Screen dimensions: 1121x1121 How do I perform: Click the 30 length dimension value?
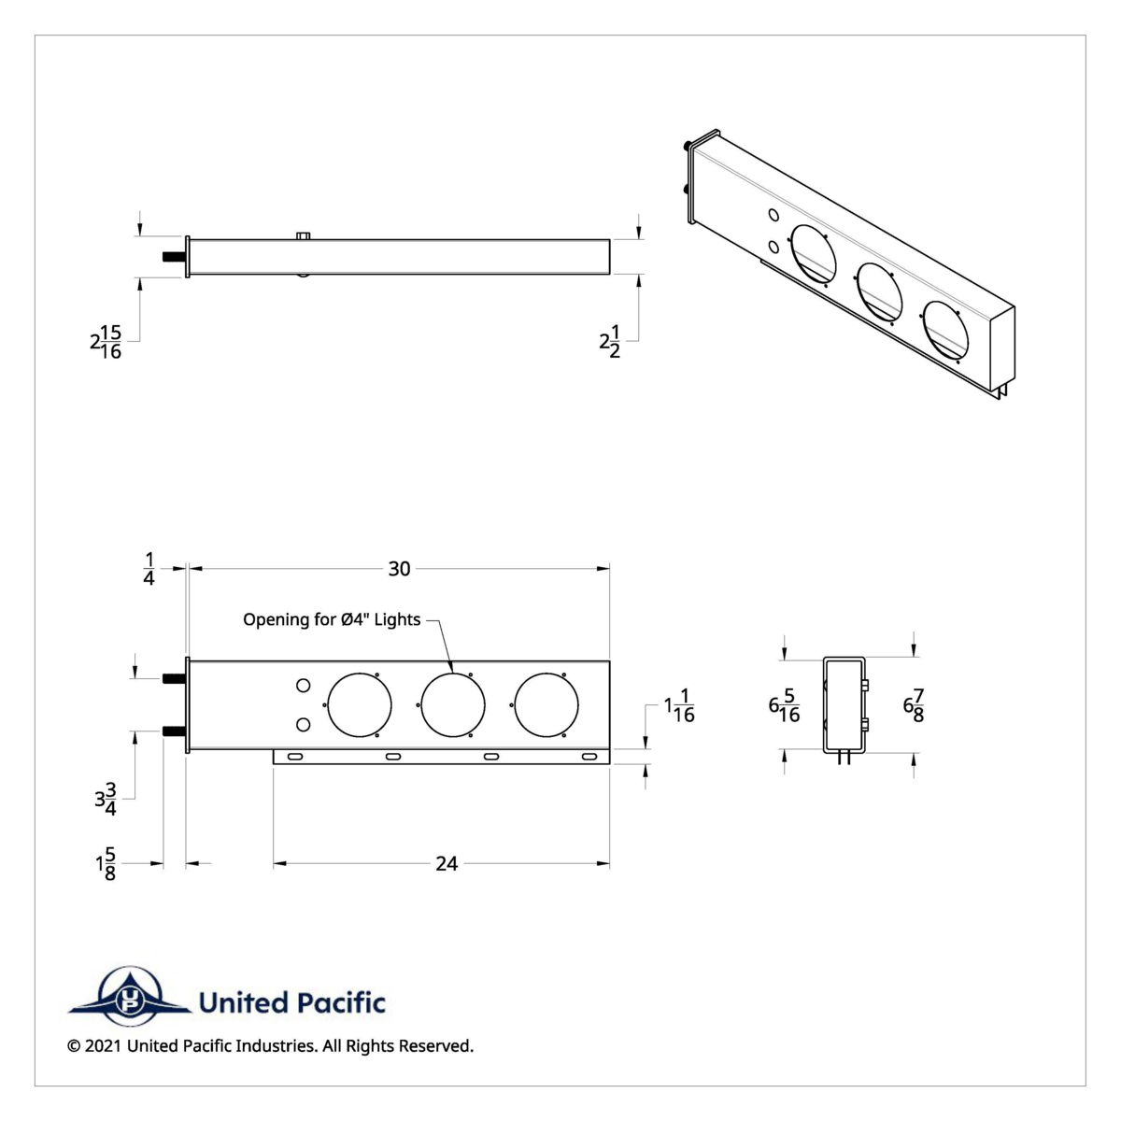click(399, 569)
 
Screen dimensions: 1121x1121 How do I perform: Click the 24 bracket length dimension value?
click(447, 864)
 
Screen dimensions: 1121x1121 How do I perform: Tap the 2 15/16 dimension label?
click(106, 342)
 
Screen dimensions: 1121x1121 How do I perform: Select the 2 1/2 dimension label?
click(610, 342)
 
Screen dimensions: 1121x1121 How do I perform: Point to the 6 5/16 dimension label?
click(784, 705)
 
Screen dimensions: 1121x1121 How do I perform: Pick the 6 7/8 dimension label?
click(916, 705)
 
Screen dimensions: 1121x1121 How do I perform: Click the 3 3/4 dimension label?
click(106, 801)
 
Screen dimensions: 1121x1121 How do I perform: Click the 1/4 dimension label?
click(149, 568)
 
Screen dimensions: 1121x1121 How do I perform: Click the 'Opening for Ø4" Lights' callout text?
click(332, 619)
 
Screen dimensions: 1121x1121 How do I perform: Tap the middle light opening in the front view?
click(453, 703)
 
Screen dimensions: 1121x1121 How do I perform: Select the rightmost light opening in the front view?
click(546, 703)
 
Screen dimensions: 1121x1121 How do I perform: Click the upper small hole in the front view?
click(303, 687)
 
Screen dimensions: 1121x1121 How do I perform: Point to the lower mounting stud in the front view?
click(174, 731)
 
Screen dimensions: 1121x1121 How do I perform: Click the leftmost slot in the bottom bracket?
click(294, 756)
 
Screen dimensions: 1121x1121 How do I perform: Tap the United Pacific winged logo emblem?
click(128, 995)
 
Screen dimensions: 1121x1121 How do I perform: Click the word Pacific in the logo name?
click(342, 1003)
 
